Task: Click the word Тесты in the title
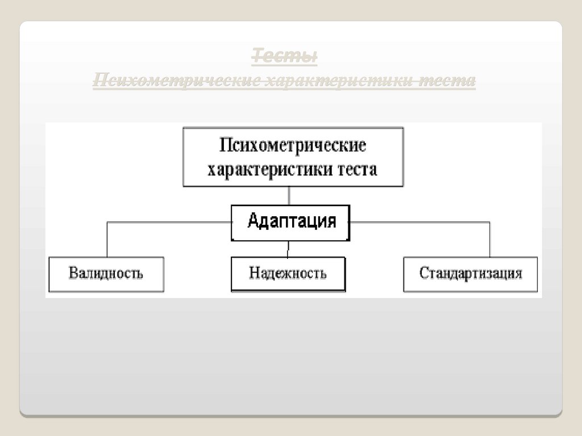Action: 284,57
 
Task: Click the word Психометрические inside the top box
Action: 293,145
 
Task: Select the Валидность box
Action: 106,274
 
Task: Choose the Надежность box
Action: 288,274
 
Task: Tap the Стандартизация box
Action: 471,274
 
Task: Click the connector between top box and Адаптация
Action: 290,196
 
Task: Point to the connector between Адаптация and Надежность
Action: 288,249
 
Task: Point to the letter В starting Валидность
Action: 73,274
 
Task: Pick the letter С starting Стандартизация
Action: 423,274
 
